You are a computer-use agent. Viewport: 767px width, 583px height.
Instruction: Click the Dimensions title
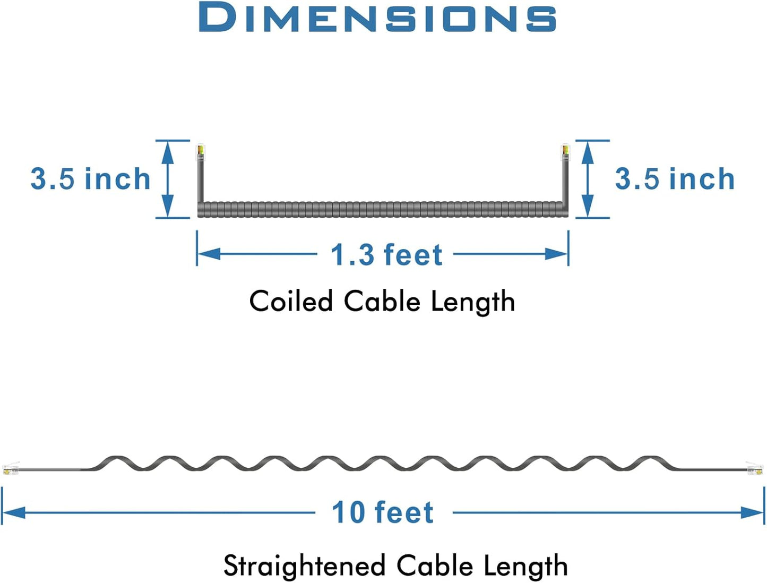(x=377, y=18)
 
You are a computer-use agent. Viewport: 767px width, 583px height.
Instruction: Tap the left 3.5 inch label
(x=91, y=179)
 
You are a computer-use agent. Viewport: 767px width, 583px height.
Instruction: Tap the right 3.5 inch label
(x=675, y=179)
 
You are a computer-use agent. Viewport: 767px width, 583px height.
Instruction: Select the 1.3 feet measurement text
(x=386, y=254)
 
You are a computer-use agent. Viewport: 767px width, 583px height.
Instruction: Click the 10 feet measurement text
(x=383, y=512)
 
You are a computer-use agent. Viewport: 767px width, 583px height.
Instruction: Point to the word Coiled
(x=291, y=301)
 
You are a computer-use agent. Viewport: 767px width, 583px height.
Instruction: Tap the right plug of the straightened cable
(x=755, y=468)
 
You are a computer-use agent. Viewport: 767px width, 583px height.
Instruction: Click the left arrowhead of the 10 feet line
(x=14, y=513)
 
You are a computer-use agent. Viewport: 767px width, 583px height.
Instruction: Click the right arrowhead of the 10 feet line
(x=752, y=513)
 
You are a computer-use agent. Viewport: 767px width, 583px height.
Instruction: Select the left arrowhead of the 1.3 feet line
(x=209, y=254)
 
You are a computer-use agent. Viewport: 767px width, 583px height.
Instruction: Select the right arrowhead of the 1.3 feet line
(x=557, y=254)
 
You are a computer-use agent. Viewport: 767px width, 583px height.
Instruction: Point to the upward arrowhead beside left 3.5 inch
(x=168, y=153)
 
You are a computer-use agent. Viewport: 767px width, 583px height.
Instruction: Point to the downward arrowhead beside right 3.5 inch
(x=588, y=205)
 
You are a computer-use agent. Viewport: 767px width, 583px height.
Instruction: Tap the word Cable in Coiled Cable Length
(x=382, y=301)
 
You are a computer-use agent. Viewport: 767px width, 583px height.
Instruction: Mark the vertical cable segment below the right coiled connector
(x=565, y=182)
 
